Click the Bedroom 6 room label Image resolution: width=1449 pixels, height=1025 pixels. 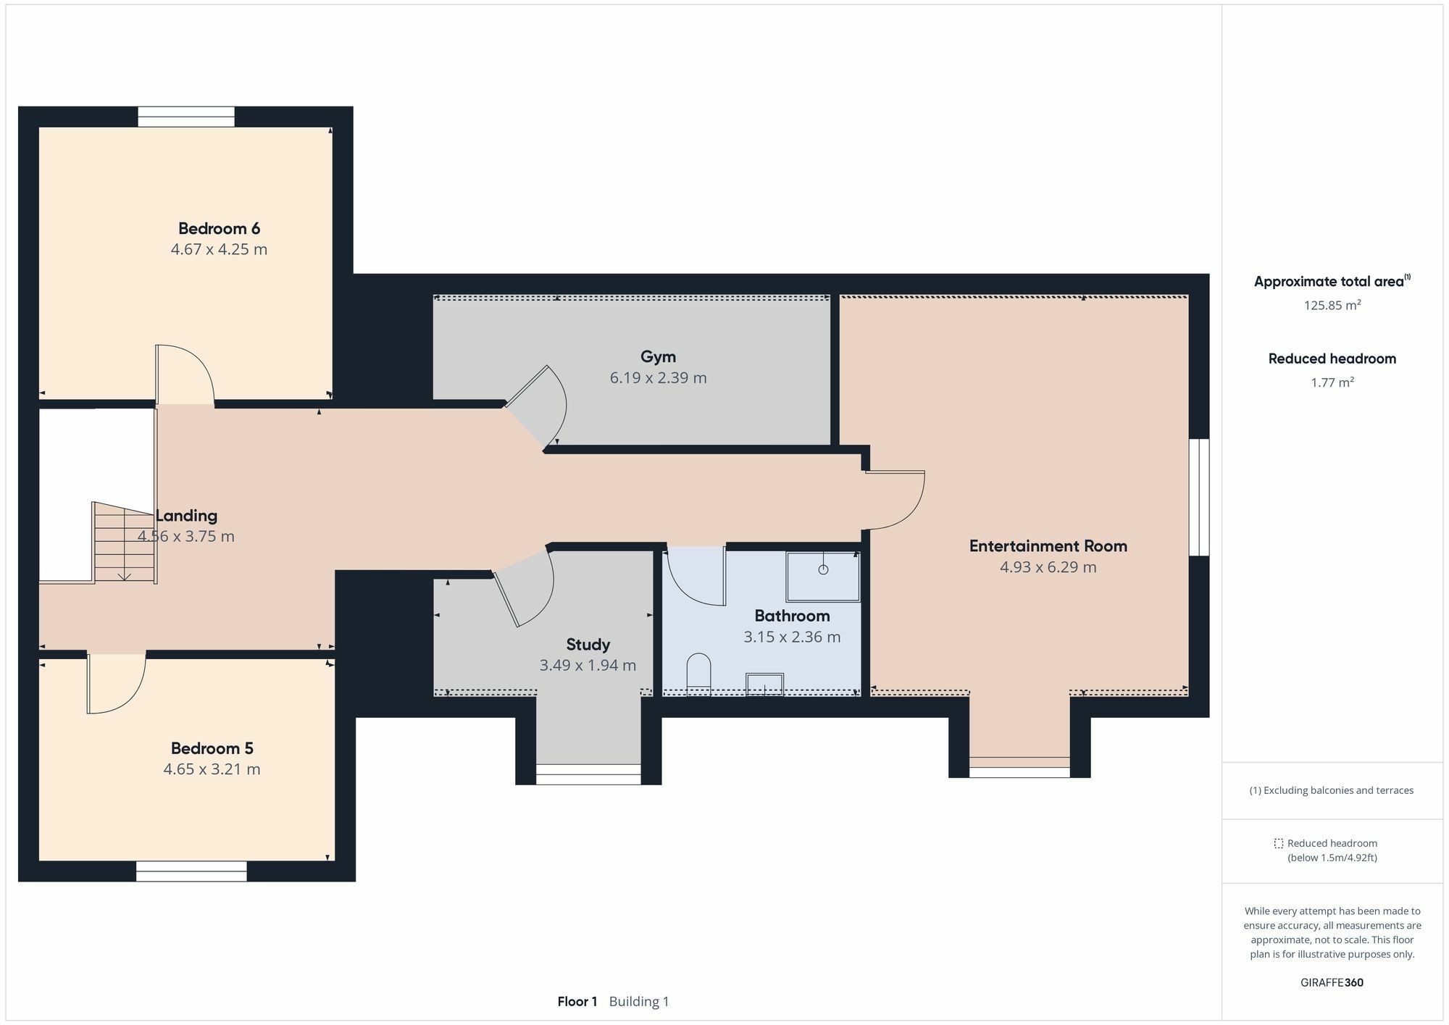coord(219,229)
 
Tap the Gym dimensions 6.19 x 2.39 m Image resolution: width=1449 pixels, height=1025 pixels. coord(658,377)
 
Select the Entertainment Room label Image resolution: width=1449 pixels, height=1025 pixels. coord(1048,546)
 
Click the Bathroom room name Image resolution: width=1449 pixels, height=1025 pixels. coord(792,616)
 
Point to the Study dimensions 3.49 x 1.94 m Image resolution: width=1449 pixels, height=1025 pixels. coord(588,665)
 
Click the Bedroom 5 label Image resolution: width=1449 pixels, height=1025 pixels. coord(212,748)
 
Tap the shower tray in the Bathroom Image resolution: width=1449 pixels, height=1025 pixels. coord(823,577)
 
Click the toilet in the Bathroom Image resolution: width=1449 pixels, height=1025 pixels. coord(698,674)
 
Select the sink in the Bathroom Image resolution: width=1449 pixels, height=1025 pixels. coord(765,685)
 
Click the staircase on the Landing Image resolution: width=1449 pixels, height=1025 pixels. coord(125,542)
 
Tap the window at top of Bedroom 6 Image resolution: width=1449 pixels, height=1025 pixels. coord(186,117)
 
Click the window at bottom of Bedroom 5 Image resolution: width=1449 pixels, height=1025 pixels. coord(191,871)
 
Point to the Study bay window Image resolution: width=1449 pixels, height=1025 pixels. coord(588,774)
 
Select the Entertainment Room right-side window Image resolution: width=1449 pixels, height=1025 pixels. coord(1199,497)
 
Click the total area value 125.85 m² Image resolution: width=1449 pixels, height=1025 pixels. coord(1332,305)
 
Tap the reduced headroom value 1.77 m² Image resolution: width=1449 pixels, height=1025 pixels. coord(1332,382)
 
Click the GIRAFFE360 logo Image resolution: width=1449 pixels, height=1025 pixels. coord(1332,983)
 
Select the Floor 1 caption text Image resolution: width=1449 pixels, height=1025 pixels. coord(577,1002)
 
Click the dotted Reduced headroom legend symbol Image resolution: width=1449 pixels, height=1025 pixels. coord(1279,843)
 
